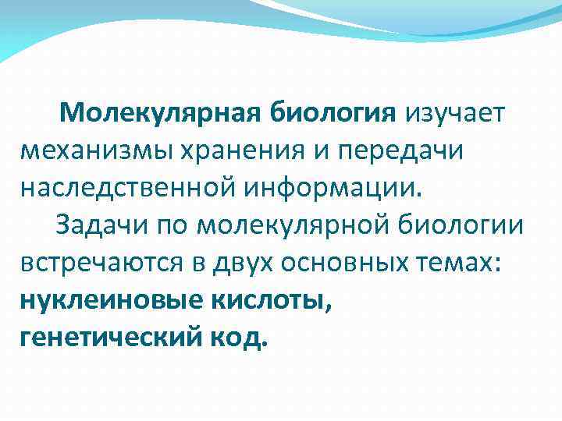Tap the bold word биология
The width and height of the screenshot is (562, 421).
click(333, 113)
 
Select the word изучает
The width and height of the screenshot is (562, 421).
click(455, 113)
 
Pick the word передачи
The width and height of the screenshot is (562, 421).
click(402, 150)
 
